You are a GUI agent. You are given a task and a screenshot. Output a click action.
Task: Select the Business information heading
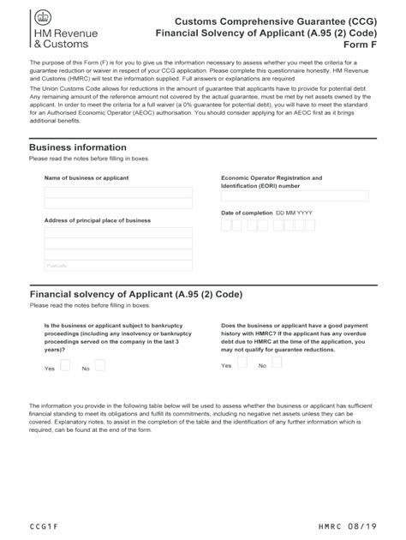click(x=77, y=147)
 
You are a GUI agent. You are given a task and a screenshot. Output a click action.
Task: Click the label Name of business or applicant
click(x=87, y=177)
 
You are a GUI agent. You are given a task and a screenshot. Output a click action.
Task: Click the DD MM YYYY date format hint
click(x=294, y=212)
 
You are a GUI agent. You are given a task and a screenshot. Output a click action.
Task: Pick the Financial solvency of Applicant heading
click(x=136, y=293)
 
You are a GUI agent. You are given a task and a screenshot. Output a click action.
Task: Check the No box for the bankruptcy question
click(x=99, y=365)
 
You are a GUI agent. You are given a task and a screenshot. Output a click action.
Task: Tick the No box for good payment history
click(x=277, y=363)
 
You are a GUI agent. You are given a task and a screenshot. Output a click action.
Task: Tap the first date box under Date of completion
click(x=226, y=225)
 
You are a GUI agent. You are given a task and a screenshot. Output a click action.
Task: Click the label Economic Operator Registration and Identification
click(x=272, y=182)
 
